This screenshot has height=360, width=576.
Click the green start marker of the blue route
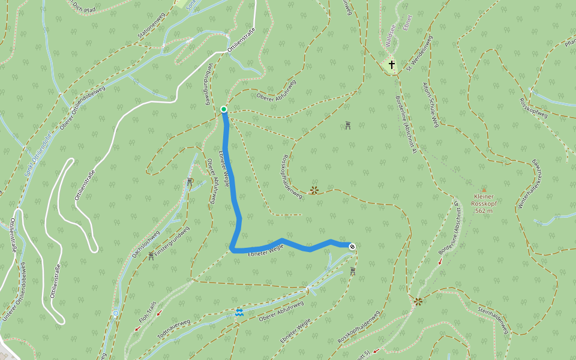[224, 109]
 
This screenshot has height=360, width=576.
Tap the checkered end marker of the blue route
[352, 246]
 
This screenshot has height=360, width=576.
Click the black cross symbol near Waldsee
[392, 65]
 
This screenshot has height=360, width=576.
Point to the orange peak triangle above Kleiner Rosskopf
[484, 190]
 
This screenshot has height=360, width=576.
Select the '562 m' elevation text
[483, 211]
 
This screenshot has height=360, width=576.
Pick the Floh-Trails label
[148, 313]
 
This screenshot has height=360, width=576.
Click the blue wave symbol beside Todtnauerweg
[239, 313]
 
